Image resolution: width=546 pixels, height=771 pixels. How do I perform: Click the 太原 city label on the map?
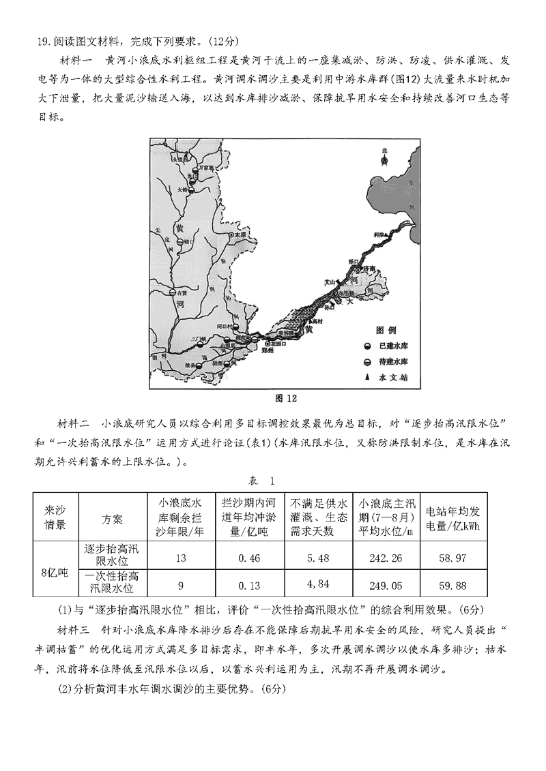coord(238,234)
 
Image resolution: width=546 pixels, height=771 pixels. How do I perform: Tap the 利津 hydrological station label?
coord(379,234)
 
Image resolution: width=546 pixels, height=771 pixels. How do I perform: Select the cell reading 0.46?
coord(249,558)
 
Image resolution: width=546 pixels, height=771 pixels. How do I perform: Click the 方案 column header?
coord(113,519)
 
